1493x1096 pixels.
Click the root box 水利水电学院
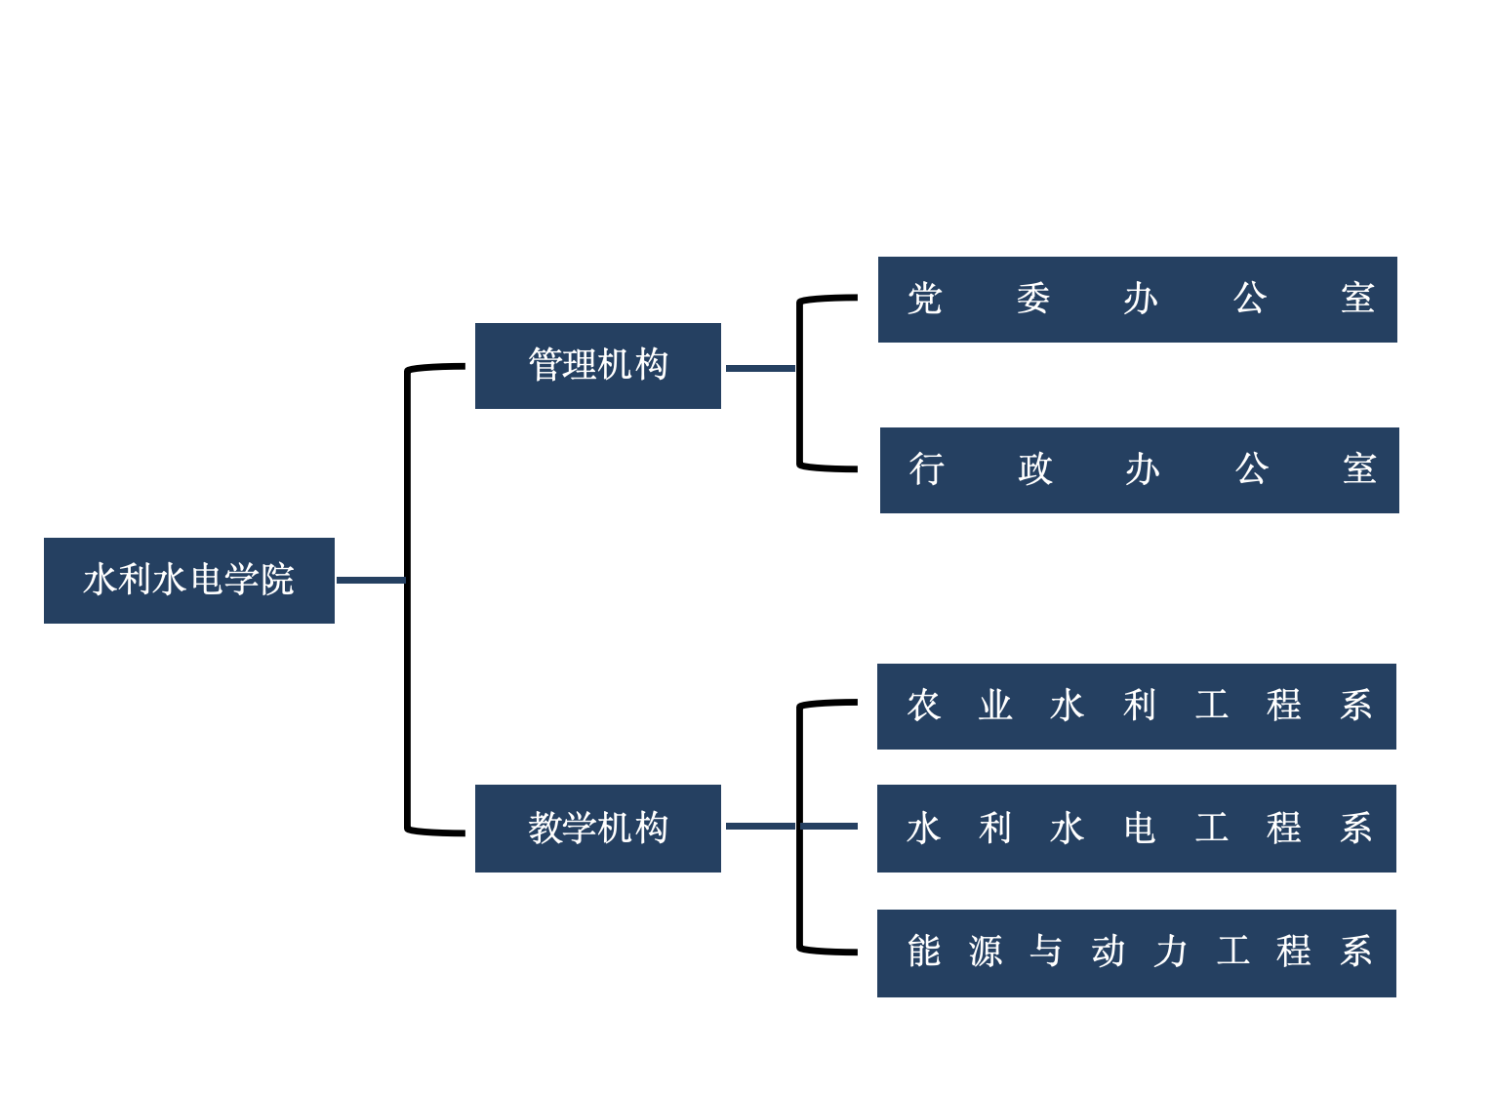pyautogui.click(x=189, y=580)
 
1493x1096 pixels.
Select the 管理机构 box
pyautogui.click(x=597, y=365)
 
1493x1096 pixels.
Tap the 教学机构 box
pyautogui.click(x=597, y=828)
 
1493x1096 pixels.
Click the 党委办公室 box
pyautogui.click(x=1137, y=299)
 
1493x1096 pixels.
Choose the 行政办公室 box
pyautogui.click(x=1139, y=469)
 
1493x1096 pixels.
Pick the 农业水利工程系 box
pyautogui.click(x=1136, y=706)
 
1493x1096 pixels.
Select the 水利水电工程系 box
pyautogui.click(x=1136, y=828)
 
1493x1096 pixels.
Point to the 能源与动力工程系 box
pyautogui.click(x=1136, y=953)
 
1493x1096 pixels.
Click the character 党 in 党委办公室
pyautogui.click(x=924, y=299)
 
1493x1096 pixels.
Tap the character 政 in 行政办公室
pyautogui.click(x=1034, y=469)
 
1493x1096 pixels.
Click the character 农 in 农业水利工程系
pyautogui.click(x=923, y=706)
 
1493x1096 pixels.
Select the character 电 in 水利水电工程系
pyautogui.click(x=1139, y=829)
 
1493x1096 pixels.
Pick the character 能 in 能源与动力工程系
pyautogui.click(x=923, y=952)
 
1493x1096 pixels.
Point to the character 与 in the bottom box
pyautogui.click(x=1046, y=952)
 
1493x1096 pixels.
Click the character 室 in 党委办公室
pyautogui.click(x=1356, y=299)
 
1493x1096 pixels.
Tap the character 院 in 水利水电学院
pyautogui.click(x=277, y=580)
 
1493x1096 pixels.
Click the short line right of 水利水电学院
pyautogui.click(x=370, y=580)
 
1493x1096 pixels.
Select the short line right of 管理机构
pyautogui.click(x=759, y=368)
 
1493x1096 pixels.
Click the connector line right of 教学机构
pyautogui.click(x=761, y=826)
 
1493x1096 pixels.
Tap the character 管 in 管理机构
pyautogui.click(x=545, y=365)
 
